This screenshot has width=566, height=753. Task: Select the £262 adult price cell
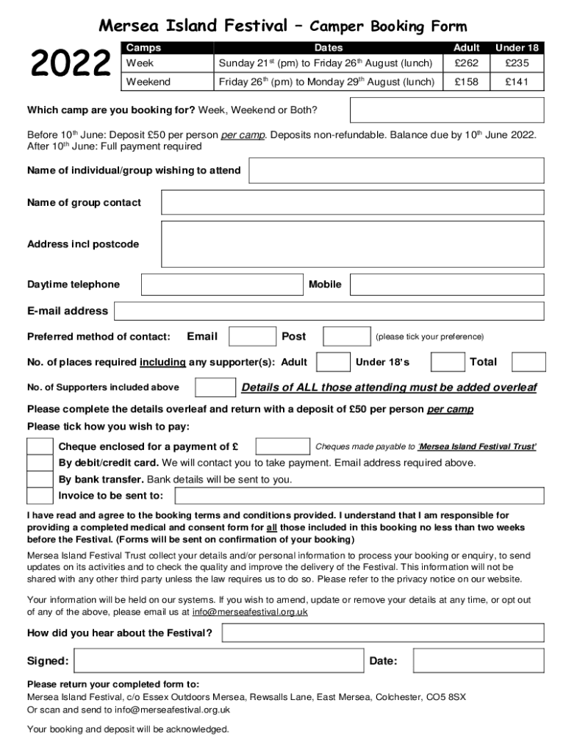pos(467,63)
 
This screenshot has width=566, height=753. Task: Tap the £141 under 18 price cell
pos(516,82)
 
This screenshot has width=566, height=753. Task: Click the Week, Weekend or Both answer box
pos(446,110)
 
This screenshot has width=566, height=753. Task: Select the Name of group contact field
pos(352,202)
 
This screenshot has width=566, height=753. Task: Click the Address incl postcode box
pos(352,243)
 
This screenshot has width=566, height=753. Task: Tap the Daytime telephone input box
pos(222,285)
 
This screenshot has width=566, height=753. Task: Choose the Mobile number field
pos(446,285)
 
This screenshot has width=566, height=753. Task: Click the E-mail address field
pos(329,311)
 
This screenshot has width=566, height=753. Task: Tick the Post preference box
pos(347,337)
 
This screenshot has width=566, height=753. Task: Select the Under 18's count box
pos(448,362)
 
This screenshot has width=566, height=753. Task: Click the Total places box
pos(529,362)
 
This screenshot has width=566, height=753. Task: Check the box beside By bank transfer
pos(40,479)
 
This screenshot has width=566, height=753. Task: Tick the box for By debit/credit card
pos(40,463)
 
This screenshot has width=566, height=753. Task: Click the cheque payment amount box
pos(282,446)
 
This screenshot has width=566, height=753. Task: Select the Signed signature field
pos(217,661)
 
